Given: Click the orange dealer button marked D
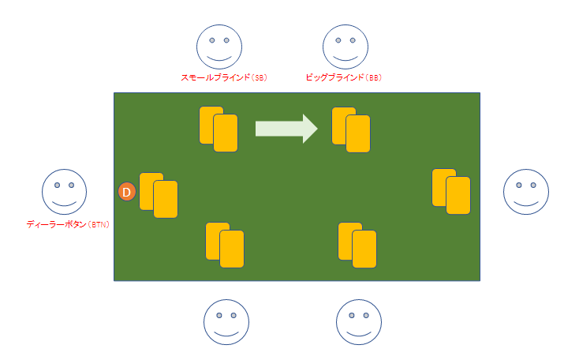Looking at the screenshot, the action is tap(127, 191).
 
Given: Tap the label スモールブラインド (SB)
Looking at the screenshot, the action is tap(223, 77).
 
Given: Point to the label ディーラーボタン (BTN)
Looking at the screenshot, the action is tap(68, 224).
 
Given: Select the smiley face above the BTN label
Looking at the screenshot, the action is tap(64, 192).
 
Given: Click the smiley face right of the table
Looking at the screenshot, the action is tap(526, 192).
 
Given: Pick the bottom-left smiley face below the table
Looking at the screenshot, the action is tap(226, 321).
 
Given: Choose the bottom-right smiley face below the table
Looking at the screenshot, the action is tap(359, 321).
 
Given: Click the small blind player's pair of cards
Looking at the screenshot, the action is tap(219, 129).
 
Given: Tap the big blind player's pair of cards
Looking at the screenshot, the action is tap(351, 129).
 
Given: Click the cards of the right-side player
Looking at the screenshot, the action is tap(451, 191).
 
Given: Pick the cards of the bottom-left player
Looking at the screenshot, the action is tap(225, 245).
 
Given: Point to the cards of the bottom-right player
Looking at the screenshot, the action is tap(357, 245).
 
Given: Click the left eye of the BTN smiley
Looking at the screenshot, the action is tap(57, 186).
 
